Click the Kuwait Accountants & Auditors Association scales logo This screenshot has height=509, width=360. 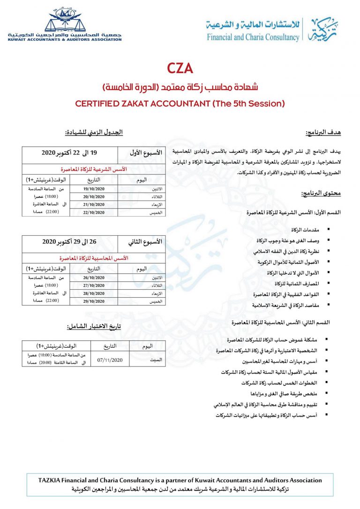64,20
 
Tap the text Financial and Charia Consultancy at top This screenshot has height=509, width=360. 253,37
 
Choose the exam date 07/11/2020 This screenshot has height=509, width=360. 109,360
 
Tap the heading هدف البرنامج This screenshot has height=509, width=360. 322,133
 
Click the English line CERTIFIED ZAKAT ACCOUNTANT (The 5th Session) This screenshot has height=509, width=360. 180,103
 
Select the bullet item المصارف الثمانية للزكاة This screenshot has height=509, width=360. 293,284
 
